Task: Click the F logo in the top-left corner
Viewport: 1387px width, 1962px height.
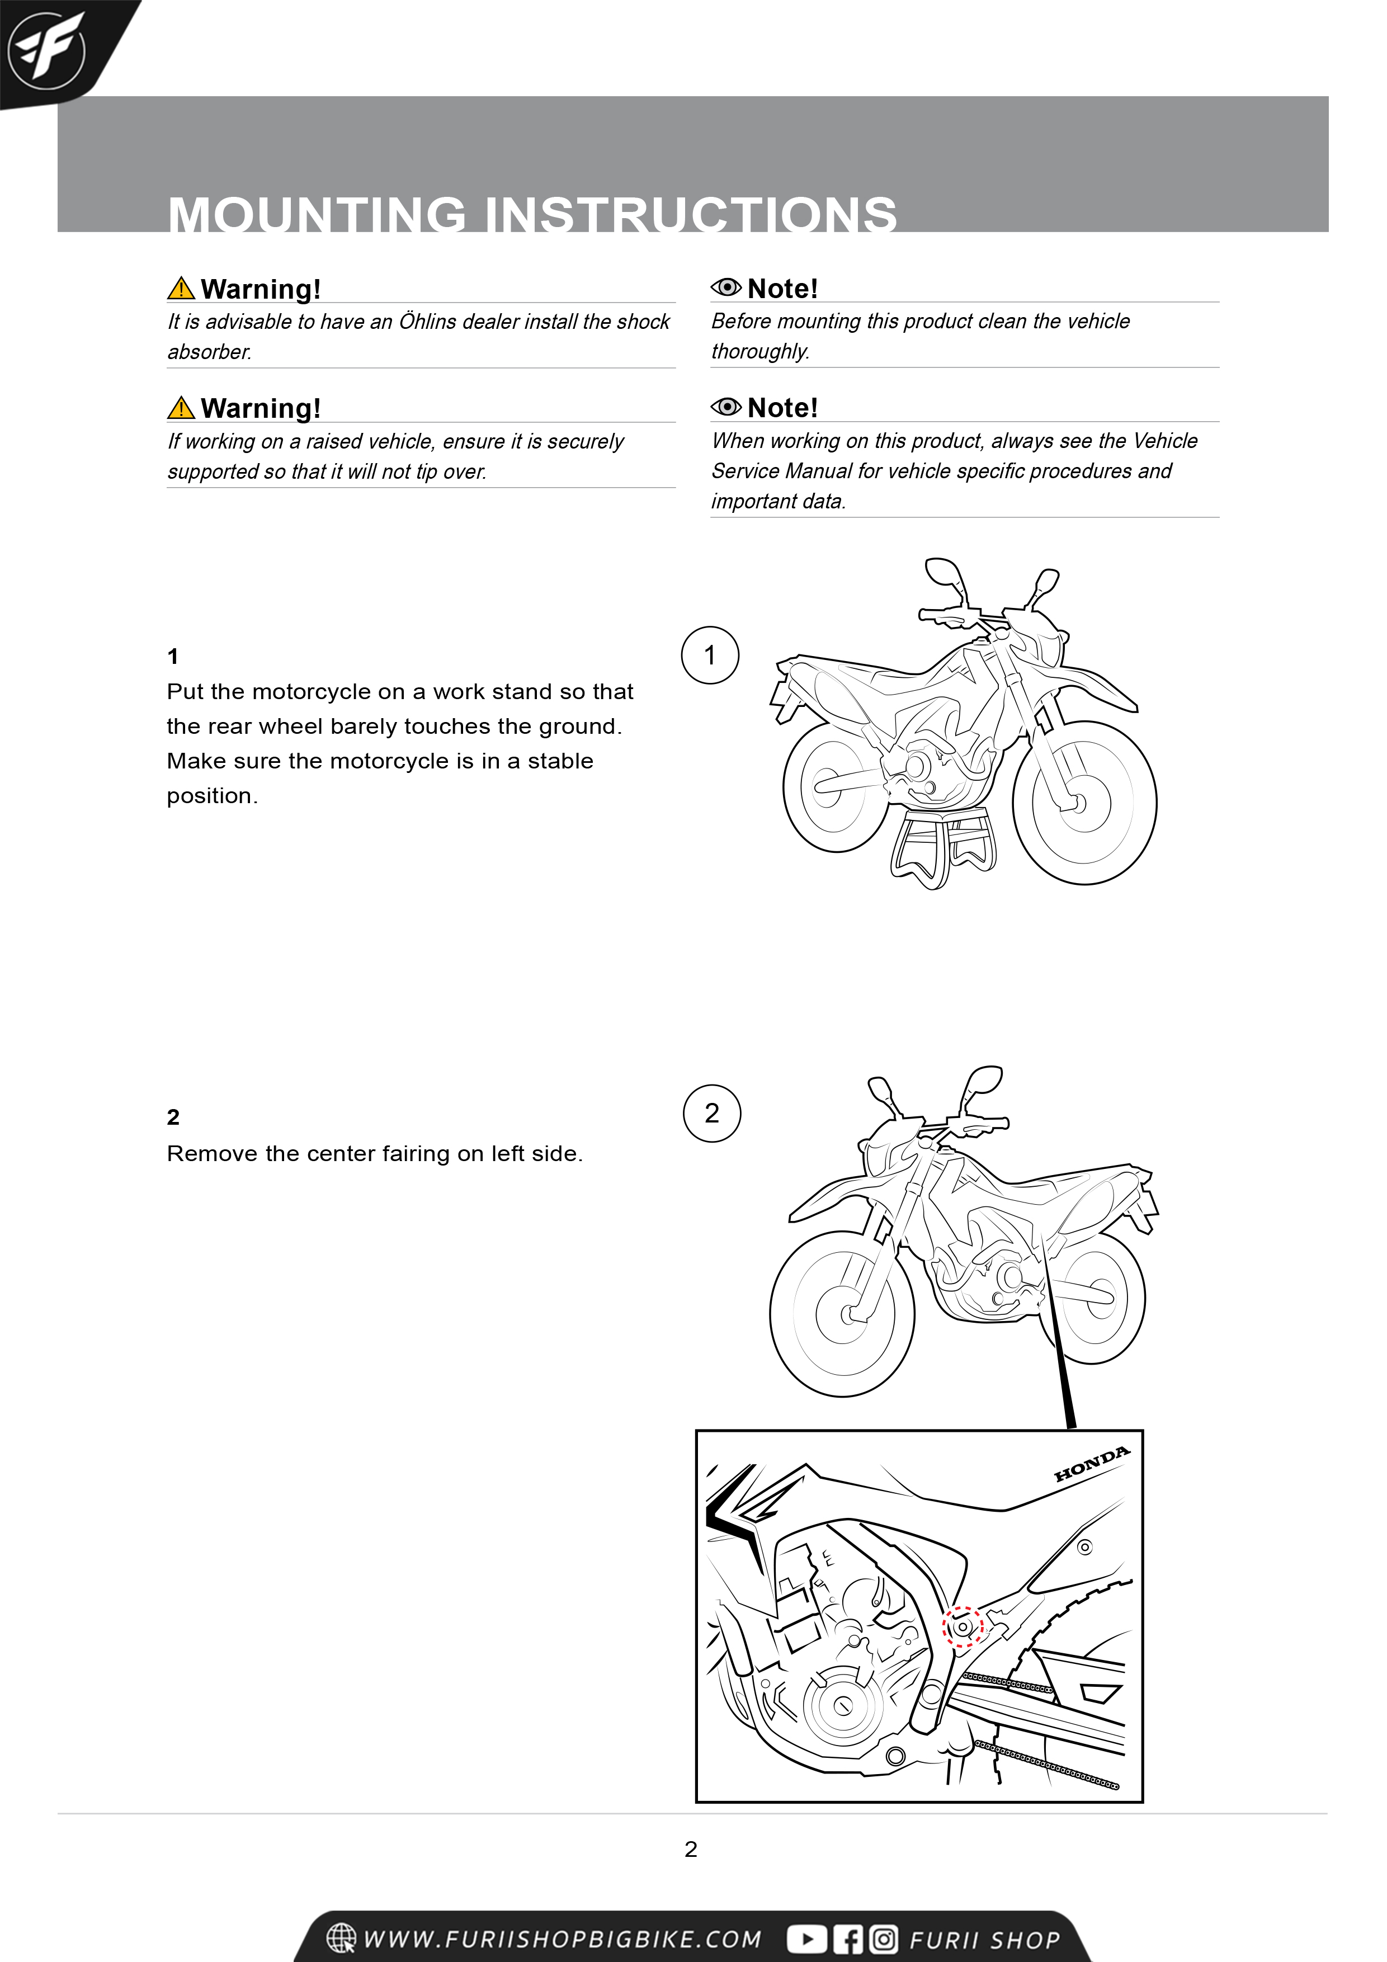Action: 46,50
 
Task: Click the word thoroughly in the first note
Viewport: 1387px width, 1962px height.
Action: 759,352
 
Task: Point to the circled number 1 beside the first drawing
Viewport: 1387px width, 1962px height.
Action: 709,655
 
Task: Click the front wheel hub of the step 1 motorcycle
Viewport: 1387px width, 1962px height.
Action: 1078,803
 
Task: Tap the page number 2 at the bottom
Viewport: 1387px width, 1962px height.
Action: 691,1849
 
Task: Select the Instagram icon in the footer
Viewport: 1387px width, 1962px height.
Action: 884,1939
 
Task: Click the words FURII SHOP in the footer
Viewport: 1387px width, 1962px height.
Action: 984,1940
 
